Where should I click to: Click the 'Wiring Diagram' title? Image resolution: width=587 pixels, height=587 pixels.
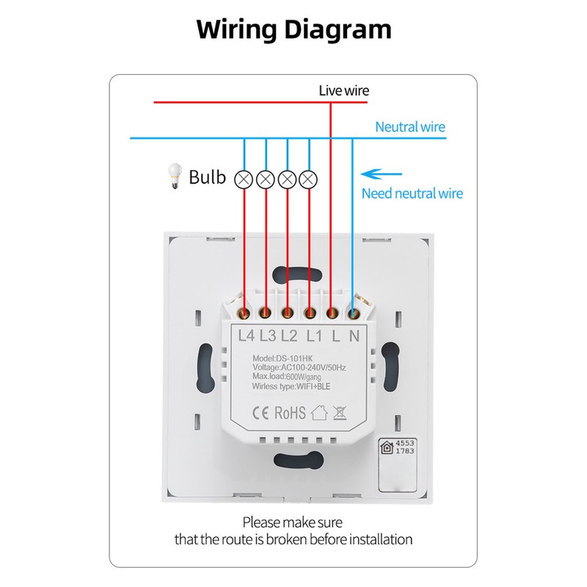[x=294, y=29]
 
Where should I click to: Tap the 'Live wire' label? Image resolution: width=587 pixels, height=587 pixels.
[x=343, y=90]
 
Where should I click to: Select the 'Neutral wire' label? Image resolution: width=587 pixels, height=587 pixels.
[x=410, y=127]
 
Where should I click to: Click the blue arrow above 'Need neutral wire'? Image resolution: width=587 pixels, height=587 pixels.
[x=381, y=174]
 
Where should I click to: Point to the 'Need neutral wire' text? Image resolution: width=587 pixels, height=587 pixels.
[x=412, y=194]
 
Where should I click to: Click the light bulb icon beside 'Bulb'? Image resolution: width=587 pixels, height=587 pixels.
[x=175, y=176]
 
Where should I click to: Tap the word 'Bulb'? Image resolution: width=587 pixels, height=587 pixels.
[x=207, y=177]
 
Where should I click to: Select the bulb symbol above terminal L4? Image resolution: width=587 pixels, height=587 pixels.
[x=244, y=180]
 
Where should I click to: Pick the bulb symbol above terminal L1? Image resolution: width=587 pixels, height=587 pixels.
[x=308, y=179]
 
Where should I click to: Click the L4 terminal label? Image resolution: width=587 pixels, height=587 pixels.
[x=247, y=336]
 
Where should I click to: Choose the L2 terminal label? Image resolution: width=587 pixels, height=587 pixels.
[x=289, y=336]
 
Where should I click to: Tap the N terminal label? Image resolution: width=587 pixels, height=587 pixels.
[x=354, y=336]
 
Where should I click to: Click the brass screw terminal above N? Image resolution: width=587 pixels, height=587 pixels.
[x=352, y=313]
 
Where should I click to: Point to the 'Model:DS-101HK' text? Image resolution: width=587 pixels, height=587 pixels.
[x=282, y=359]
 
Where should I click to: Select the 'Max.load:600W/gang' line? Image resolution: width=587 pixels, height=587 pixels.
[x=286, y=376]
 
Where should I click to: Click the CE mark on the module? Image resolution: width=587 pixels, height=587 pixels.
[x=260, y=413]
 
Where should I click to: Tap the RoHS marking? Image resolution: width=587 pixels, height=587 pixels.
[x=290, y=413]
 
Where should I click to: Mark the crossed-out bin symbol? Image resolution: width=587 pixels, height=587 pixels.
[x=340, y=413]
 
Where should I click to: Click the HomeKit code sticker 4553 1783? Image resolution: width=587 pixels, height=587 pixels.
[x=397, y=465]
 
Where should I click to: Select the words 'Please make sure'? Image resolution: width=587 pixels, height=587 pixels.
[x=292, y=522]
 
